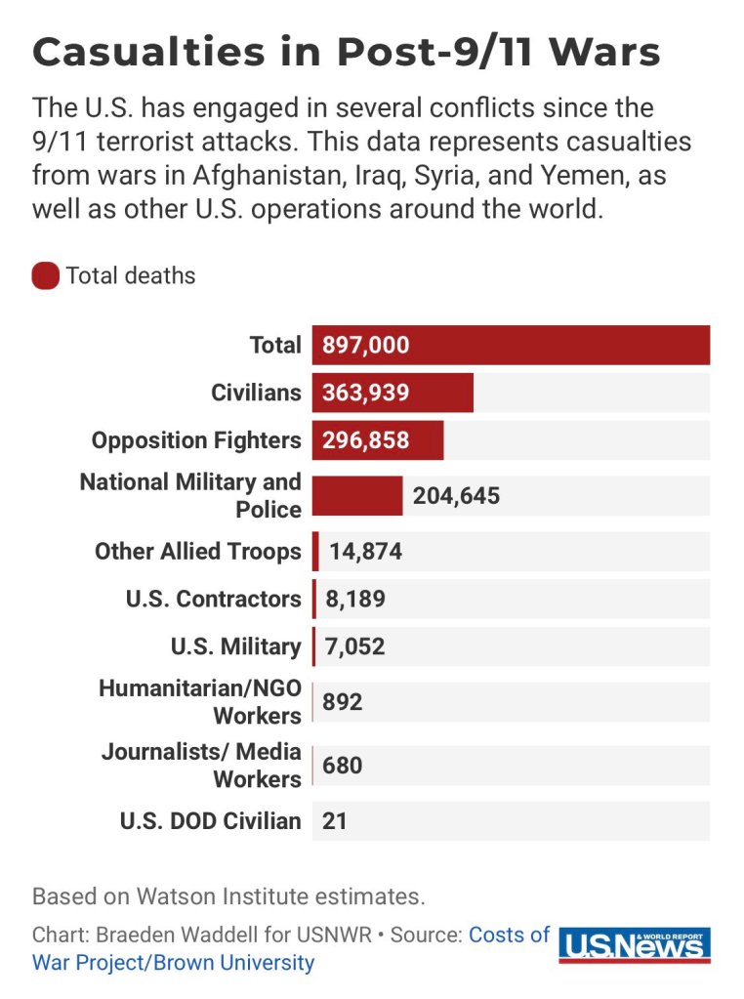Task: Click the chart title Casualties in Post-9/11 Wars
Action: click(346, 52)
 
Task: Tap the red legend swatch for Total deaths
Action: click(46, 276)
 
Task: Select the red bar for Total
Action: click(511, 345)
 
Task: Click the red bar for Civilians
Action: click(393, 393)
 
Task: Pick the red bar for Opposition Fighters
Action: click(378, 440)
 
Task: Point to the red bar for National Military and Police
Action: click(357, 496)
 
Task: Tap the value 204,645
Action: click(456, 496)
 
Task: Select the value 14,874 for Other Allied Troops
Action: click(366, 552)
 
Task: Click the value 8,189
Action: click(355, 599)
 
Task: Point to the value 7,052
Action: click(355, 646)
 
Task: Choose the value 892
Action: click(343, 702)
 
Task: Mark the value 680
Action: click(343, 766)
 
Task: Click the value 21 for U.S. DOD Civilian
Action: click(335, 821)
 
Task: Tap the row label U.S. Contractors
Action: click(214, 599)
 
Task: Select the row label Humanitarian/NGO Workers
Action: click(200, 702)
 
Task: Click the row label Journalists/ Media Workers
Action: click(201, 766)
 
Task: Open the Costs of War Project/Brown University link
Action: click(174, 962)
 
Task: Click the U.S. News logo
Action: click(635, 945)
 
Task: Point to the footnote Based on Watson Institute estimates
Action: click(228, 895)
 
